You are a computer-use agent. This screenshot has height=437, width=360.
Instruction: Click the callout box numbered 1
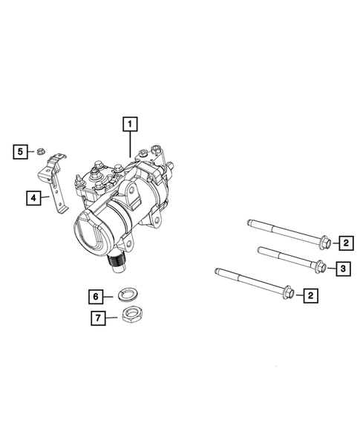[131, 125]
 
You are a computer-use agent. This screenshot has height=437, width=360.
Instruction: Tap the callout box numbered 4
[34, 197]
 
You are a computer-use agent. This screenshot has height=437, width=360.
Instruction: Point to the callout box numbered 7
[96, 318]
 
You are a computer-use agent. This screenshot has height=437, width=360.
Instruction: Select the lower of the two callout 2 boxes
[310, 296]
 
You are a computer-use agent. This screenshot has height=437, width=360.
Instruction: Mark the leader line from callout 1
[131, 144]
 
